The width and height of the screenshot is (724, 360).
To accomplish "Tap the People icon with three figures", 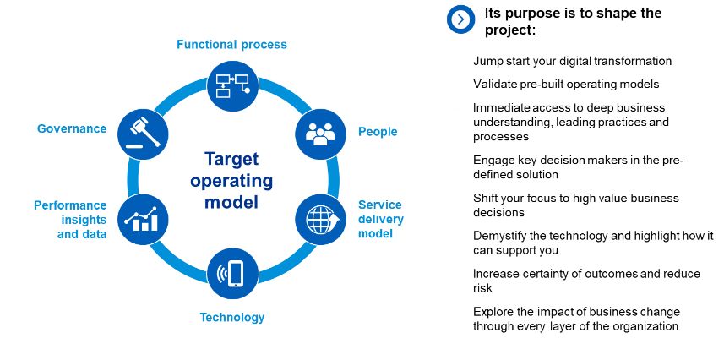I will [x=320, y=133].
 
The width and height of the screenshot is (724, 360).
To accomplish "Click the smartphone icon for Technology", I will [x=232, y=272].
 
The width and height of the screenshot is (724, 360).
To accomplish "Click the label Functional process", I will [x=231, y=44].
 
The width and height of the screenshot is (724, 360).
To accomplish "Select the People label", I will [x=378, y=132].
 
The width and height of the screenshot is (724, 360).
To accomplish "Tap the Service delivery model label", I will [x=380, y=219].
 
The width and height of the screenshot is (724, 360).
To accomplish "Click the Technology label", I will [x=231, y=318].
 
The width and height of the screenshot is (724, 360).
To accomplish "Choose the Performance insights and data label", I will [x=70, y=220].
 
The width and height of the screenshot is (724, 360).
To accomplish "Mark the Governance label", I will [x=72, y=128].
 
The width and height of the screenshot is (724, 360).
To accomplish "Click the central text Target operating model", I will [x=231, y=180].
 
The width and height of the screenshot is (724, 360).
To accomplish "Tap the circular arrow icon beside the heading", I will [x=461, y=19].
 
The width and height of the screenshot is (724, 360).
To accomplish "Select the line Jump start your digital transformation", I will [x=572, y=61].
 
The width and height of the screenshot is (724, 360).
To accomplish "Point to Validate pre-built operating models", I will [x=565, y=84].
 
